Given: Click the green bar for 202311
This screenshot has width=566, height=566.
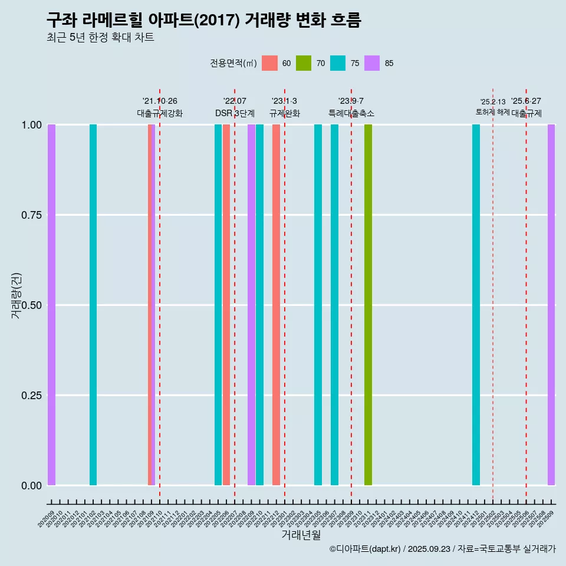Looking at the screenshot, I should coord(368,305).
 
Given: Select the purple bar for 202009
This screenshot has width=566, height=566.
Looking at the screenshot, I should coord(51,305).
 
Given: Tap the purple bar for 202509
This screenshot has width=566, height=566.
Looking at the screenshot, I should coord(551,305).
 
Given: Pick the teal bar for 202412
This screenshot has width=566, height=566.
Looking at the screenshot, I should coord(476,305).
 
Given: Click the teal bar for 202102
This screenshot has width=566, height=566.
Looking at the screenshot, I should coord(93,305).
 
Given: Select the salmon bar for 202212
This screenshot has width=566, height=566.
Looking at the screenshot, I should coord(276,305).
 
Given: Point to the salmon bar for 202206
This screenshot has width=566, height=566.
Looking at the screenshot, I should coord(226,305).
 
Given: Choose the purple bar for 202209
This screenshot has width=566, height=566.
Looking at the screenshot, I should coord(251,305).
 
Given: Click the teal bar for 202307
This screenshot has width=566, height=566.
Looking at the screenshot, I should coord(334,305).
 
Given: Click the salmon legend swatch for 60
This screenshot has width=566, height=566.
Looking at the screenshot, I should coord(269,63).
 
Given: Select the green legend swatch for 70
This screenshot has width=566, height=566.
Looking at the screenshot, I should coord(304,63).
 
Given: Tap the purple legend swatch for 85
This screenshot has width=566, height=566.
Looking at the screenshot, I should coord(372,63).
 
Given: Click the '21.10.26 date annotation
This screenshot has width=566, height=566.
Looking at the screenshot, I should coord(160,101).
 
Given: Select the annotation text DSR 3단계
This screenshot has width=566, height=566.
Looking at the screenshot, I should coord(235,113).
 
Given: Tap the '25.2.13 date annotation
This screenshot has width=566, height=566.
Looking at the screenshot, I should coord(492,101).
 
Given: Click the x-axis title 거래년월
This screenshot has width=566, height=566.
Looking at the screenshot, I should coord(301,535).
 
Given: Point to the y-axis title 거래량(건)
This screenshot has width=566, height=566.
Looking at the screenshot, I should coord(16,295).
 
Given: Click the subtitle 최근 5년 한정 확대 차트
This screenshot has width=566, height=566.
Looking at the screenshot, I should coord(100,37).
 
